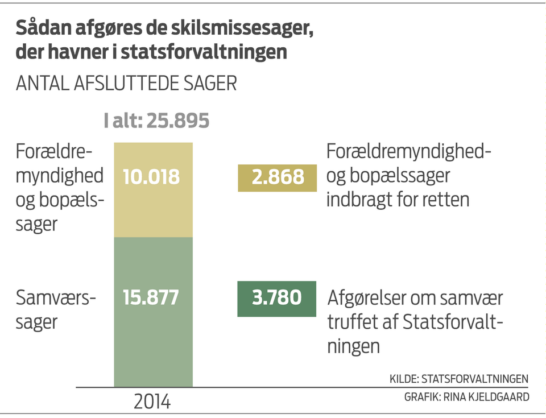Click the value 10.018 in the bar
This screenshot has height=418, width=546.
151,177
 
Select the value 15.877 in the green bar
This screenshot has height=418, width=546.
151,297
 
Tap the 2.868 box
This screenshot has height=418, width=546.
277,177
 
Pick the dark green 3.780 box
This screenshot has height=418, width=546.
277,297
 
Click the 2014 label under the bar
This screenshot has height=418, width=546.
152,402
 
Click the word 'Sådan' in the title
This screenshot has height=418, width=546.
38,28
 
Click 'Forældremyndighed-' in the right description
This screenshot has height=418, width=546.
408,152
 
